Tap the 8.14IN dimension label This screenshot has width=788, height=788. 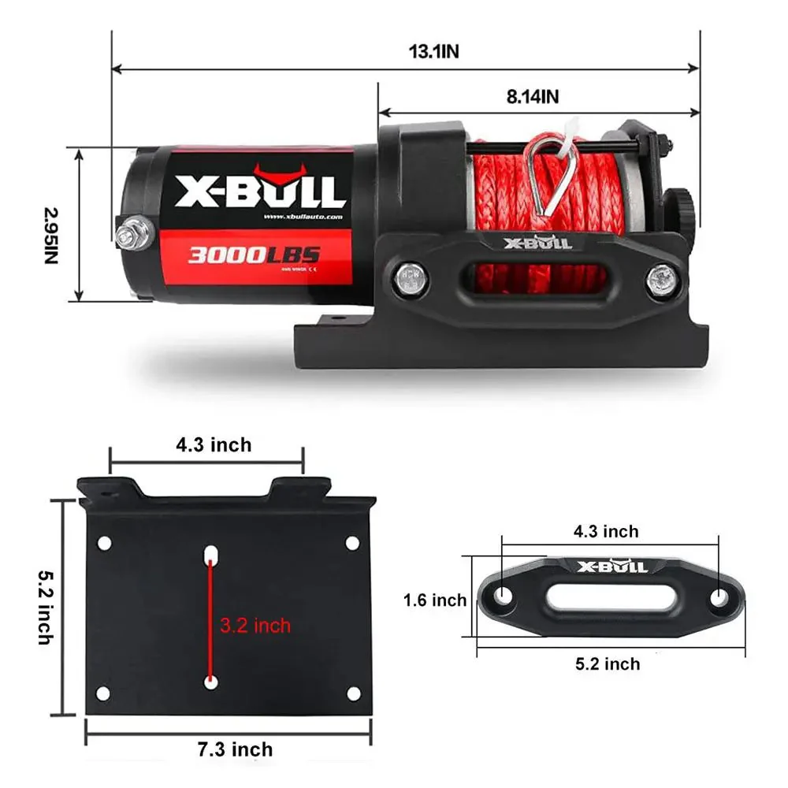point(533,97)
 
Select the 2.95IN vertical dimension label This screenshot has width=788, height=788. point(51,236)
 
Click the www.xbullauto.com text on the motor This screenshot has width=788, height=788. point(303,217)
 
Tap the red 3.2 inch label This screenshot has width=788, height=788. point(255,626)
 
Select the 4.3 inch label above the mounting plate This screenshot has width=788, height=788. point(214,445)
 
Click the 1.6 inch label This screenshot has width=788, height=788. point(435,600)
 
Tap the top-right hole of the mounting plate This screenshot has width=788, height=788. point(352,543)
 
